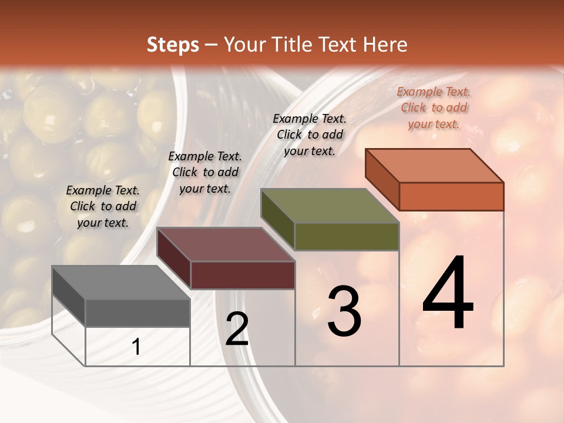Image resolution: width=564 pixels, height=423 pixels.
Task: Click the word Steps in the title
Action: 173,45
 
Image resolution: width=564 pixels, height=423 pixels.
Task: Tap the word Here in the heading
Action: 384,45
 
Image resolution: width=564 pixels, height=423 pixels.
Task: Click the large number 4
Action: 448,294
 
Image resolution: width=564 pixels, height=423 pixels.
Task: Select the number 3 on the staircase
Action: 344,311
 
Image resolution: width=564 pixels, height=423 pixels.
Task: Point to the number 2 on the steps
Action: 237,329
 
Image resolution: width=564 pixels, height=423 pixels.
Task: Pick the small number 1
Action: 136,347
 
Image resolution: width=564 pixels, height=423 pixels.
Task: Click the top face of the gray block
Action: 120,283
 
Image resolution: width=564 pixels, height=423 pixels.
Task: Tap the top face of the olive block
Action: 330,206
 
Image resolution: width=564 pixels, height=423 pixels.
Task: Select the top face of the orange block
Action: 435,166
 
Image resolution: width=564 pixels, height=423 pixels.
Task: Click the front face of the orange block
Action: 451,196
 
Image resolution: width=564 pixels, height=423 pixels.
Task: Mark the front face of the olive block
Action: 347,236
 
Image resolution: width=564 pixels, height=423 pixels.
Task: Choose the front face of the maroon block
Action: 243,275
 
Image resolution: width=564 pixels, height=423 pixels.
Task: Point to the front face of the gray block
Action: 137,313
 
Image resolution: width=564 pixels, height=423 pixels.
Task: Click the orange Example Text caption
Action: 434,108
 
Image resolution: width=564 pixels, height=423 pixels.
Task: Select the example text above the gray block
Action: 103,206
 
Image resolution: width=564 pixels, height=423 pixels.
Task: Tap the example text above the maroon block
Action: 205,172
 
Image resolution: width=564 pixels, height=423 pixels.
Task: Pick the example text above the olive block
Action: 310,135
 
